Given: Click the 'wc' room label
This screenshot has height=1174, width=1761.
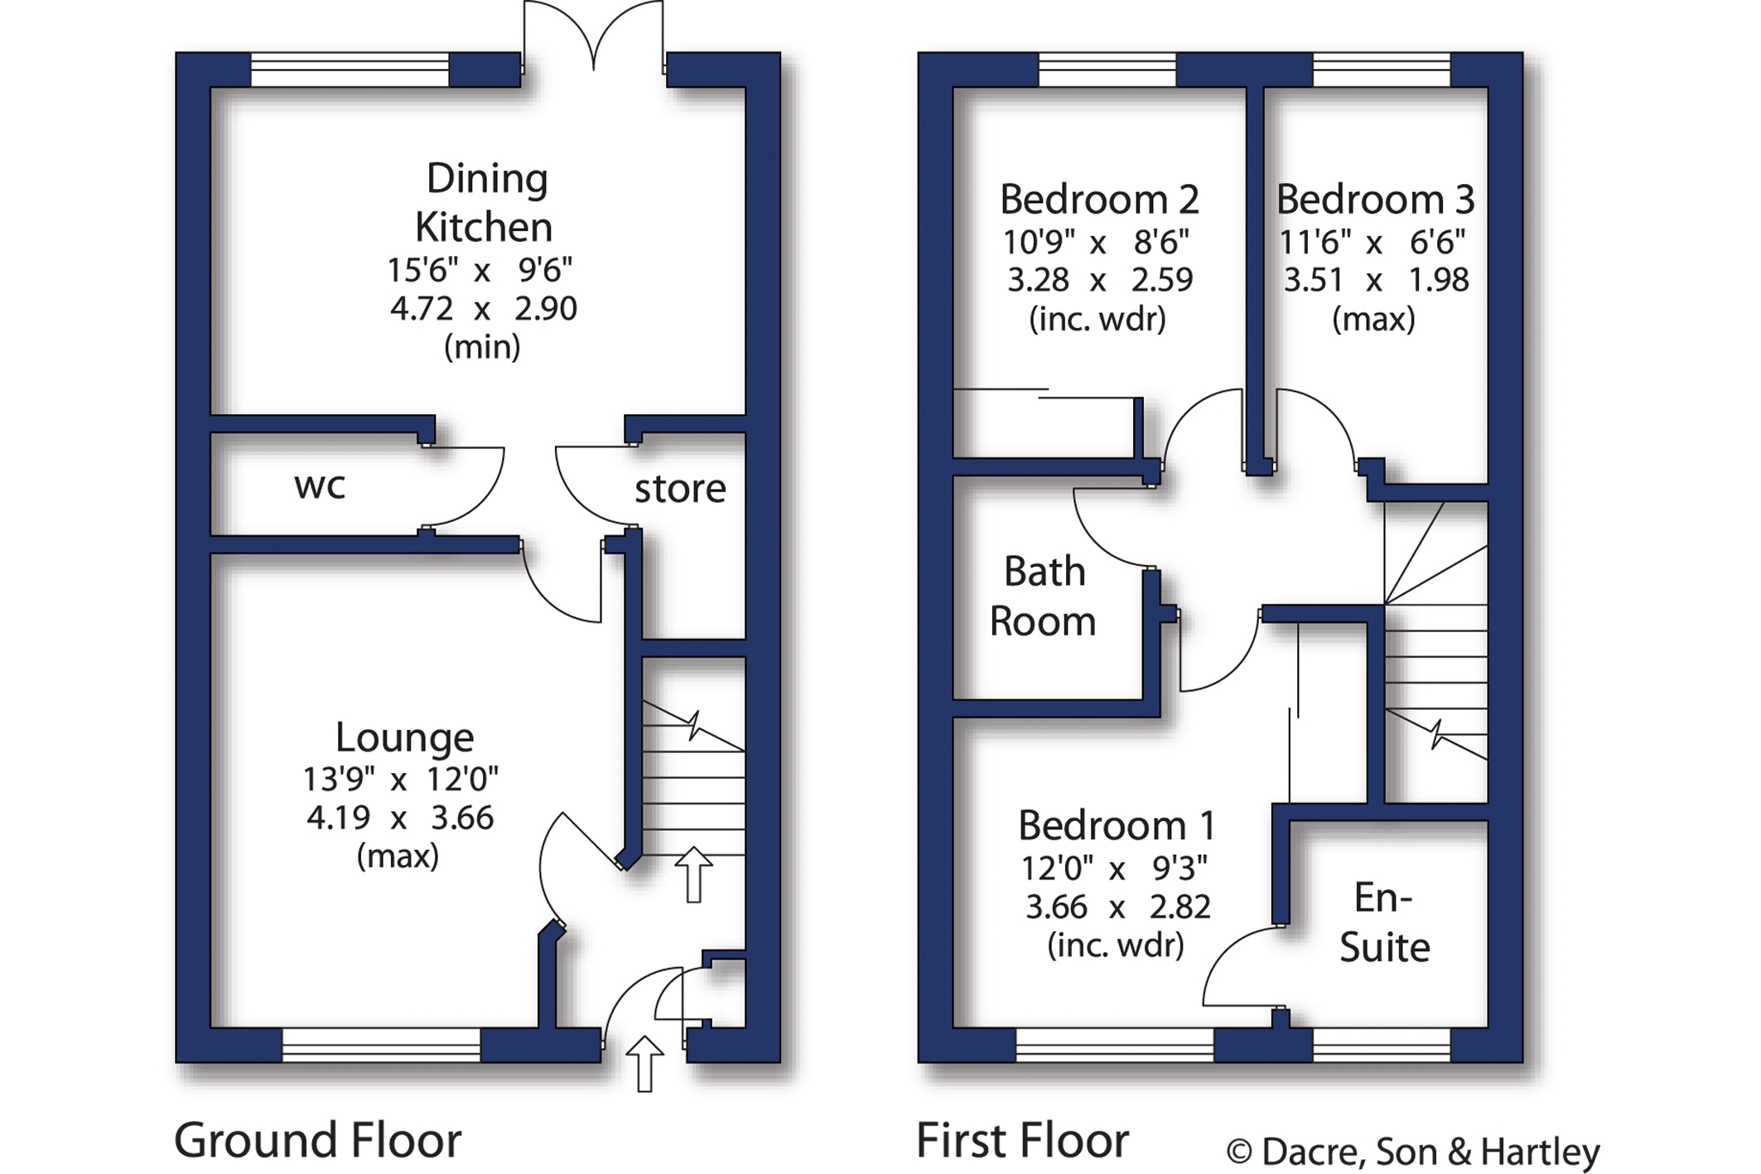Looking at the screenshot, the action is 320,486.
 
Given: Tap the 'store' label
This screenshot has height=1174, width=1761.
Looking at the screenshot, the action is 680,489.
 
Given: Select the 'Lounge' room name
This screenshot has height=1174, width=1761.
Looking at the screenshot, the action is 404,737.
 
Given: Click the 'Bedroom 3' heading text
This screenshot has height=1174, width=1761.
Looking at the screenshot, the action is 1375,199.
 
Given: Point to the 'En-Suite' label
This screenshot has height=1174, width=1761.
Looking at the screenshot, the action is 1385,922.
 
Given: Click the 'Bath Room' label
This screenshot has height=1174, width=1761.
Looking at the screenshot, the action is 1043,597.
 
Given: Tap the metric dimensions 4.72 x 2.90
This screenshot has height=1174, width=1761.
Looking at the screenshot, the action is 483,308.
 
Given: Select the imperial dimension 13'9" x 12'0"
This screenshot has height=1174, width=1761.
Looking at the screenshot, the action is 400,779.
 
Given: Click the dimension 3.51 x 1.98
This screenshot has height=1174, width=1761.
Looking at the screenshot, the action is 1376,280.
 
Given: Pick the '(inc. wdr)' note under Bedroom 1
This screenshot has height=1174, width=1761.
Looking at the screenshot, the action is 1116,945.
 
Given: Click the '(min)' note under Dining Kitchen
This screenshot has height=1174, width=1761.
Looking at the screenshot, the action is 482,346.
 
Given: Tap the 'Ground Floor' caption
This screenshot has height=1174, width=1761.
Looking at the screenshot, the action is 317,1140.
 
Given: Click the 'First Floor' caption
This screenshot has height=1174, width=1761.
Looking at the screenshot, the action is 1022,1140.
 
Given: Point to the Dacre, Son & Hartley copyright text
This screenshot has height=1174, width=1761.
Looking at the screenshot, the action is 1413,1152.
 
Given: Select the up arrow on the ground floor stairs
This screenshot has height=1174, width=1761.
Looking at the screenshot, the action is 693,874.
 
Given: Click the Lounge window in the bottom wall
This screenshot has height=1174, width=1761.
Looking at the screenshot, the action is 381,1045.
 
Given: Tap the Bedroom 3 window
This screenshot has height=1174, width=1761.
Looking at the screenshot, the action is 1382,70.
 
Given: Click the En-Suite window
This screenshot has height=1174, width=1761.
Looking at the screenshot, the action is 1382,1045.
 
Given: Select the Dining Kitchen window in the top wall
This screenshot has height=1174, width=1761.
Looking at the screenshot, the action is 350,70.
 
